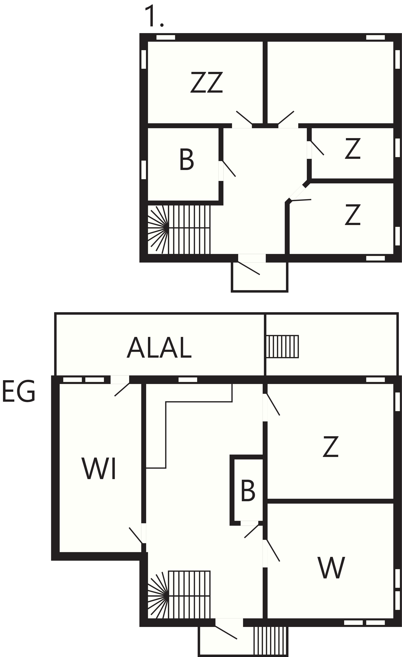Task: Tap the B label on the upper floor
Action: click(x=187, y=159)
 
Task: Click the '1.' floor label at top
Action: click(x=154, y=16)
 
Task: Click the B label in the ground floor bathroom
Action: click(x=248, y=491)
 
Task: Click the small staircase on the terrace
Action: click(x=282, y=346)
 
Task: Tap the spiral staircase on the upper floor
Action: click(x=179, y=229)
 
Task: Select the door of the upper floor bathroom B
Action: click(x=229, y=169)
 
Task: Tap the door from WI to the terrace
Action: click(x=122, y=390)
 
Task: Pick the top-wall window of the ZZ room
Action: click(x=165, y=37)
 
